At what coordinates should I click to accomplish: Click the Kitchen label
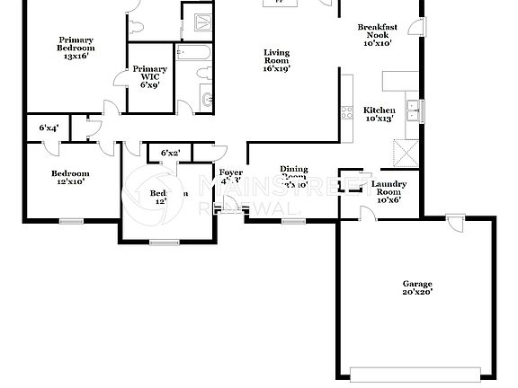pyautogui.click(x=379, y=114)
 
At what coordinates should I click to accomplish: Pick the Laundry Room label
pyautogui.click(x=388, y=191)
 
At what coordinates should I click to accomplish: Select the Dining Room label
pyautogui.click(x=294, y=176)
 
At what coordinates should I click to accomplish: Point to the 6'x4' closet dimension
pyautogui.click(x=49, y=128)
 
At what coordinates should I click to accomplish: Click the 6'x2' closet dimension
pyautogui.click(x=170, y=153)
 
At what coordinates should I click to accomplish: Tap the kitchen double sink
pyautogui.click(x=414, y=110)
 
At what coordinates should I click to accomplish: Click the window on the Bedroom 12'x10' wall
pyautogui.click(x=71, y=220)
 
